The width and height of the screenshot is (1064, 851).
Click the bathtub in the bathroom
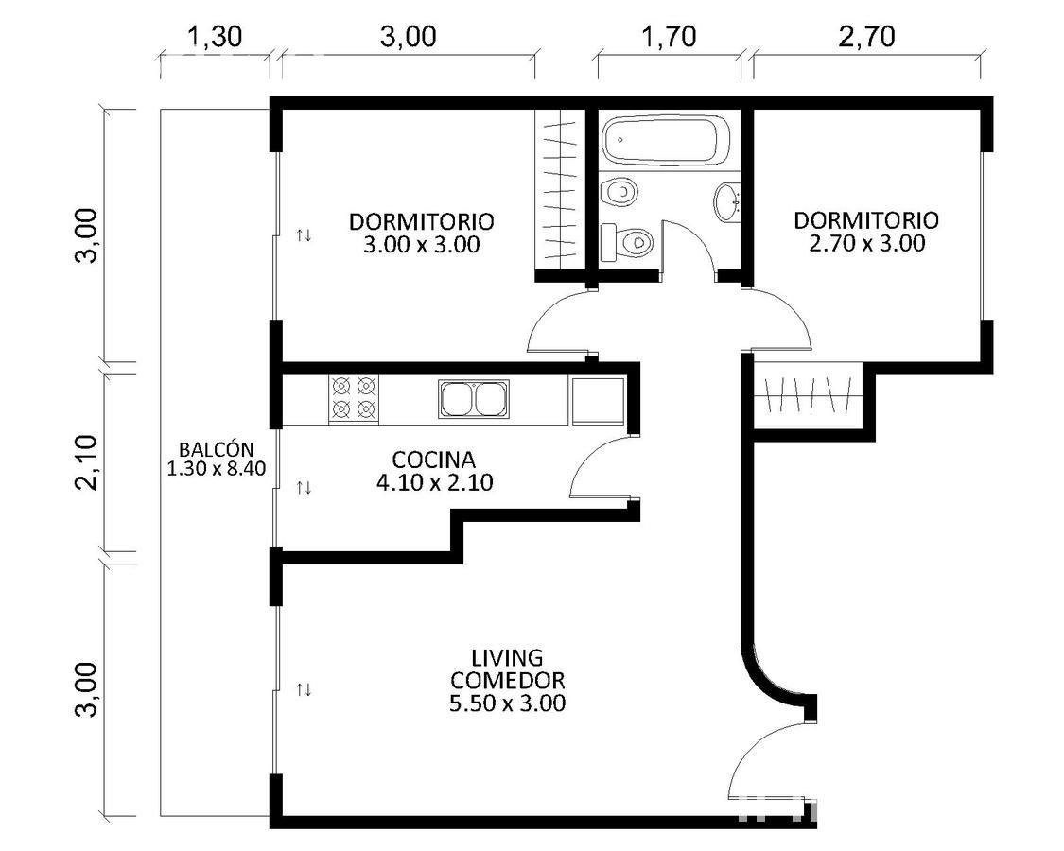(667, 141)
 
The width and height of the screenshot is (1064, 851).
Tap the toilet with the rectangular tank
(627, 242)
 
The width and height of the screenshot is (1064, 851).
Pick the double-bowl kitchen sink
(474, 398)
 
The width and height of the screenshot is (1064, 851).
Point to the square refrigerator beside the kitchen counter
(598, 400)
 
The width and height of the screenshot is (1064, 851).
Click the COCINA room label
(433, 460)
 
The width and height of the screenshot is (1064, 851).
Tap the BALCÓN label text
(217, 449)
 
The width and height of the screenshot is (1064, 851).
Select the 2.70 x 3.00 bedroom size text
(866, 243)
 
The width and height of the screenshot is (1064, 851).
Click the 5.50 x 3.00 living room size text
(508, 703)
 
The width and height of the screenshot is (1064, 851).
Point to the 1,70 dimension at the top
(669, 37)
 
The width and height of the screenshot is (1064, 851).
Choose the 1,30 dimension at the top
(215, 37)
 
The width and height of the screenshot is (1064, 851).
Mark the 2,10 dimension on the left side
(87, 462)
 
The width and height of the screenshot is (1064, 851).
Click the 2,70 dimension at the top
(866, 37)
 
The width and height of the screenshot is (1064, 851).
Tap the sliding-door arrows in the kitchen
(304, 487)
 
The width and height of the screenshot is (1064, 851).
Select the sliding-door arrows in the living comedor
(304, 689)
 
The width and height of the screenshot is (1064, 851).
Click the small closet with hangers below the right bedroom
(808, 396)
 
